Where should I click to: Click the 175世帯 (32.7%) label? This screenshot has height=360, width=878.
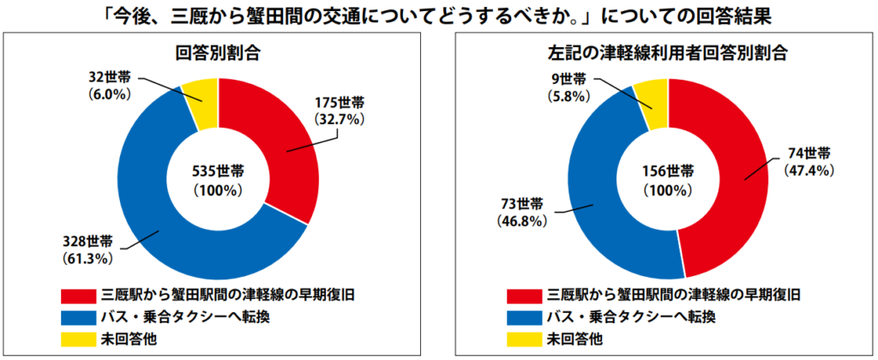tap(340, 111)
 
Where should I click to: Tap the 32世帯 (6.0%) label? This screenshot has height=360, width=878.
tap(111, 84)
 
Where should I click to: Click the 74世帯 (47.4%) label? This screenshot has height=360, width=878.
tap(809, 161)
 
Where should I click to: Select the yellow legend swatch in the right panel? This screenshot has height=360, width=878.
tap(525, 337)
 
